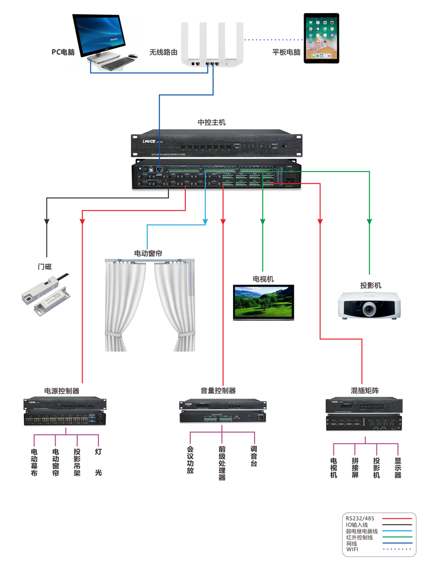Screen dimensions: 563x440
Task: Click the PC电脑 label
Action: tap(63, 52)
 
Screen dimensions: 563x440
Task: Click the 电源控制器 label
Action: tap(62, 391)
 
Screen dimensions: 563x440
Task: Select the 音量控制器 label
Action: tap(218, 391)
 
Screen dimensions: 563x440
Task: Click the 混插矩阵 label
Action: tap(365, 391)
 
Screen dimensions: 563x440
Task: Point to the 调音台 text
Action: tap(254, 456)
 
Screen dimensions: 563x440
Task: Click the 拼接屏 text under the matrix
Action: tap(355, 467)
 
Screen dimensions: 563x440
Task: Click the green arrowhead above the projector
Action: tap(370, 222)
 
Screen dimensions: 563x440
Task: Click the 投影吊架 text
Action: tap(77, 462)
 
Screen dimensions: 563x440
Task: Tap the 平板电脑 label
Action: tap(287, 53)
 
